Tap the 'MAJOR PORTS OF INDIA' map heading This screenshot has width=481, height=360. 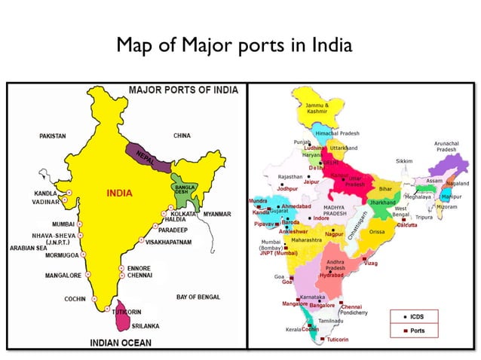click(183, 90)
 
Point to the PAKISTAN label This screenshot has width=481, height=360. click(54, 136)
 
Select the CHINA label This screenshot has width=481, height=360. click(182, 136)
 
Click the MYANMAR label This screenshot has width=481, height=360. click(217, 214)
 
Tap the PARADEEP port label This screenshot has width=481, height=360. click(173, 230)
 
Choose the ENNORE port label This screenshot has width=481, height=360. click(139, 267)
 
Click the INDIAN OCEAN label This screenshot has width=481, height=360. click(121, 343)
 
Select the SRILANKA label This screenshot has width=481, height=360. click(146, 325)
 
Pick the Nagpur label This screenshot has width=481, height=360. click(334, 234)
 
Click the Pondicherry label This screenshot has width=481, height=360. click(354, 313)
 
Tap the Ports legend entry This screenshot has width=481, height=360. click(423, 331)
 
